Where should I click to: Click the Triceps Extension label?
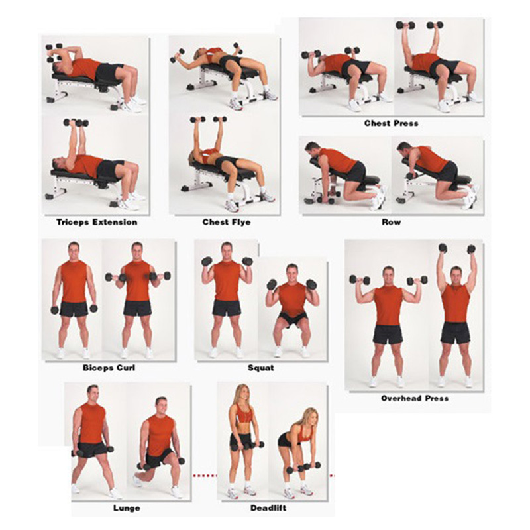(x=92, y=222)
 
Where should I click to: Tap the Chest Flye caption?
(x=227, y=222)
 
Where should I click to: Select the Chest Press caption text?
(x=391, y=123)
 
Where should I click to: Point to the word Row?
(x=391, y=222)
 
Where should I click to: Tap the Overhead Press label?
(x=415, y=398)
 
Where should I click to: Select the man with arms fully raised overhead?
(x=455, y=311)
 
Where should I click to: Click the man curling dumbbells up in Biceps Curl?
(x=137, y=298)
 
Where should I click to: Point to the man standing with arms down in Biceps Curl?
(x=74, y=298)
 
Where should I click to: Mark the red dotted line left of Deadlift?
(x=205, y=475)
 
